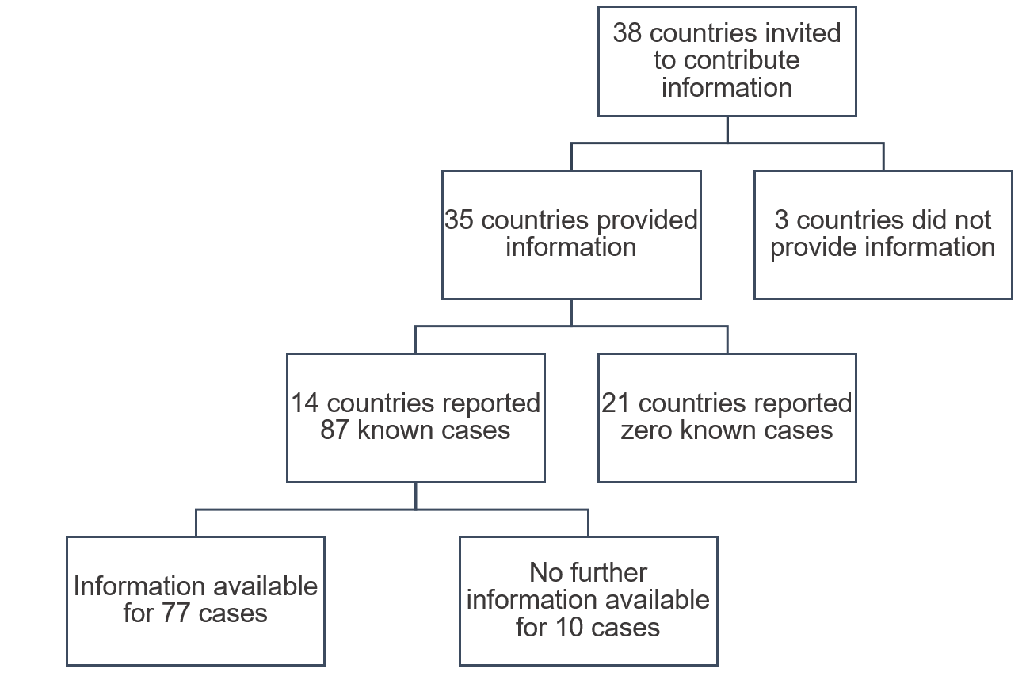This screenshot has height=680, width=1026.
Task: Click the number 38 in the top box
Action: pos(627,34)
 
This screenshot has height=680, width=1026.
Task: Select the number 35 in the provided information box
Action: pos(459,220)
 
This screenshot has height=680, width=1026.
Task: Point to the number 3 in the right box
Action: pos(780,220)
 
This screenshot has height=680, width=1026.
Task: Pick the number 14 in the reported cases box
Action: pos(305,403)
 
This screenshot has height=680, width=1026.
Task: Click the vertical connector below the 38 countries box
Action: pos(727,129)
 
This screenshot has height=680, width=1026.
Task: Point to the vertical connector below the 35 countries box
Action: pos(571,312)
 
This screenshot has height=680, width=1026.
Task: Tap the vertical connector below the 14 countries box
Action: pos(415,495)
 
